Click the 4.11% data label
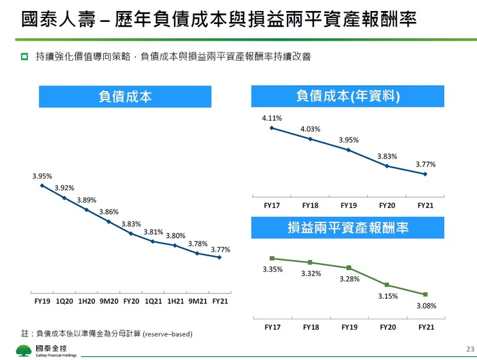point(271,118)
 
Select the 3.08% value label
point(426,306)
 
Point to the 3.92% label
point(64,188)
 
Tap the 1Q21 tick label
point(153,301)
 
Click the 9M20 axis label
point(108,301)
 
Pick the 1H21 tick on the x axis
point(175,301)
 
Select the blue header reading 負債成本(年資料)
point(347,97)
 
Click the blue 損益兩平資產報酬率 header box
point(347,228)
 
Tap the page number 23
point(469,348)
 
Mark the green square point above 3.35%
point(272,259)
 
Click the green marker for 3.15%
point(387,285)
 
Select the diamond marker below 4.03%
point(310,139)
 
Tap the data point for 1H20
point(86,210)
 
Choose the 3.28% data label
point(349,279)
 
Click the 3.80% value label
point(175,235)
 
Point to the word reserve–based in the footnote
point(167,334)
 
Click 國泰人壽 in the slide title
point(49,20)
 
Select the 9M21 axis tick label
point(198,301)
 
